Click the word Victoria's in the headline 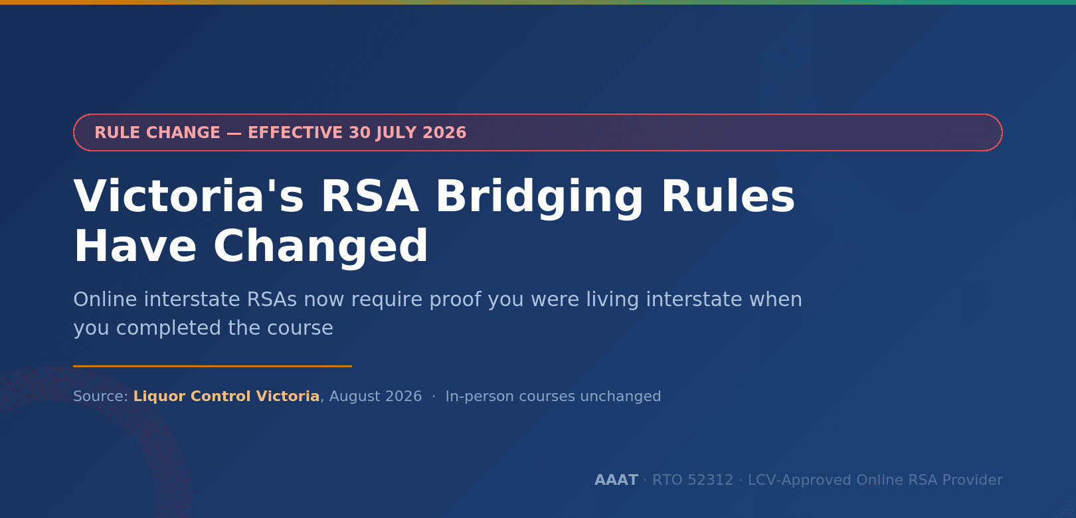point(189,196)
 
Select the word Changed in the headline point(320,246)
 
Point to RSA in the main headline point(369,196)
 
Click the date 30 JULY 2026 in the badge point(408,133)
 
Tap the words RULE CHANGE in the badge point(157,133)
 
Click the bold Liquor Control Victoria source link point(226,396)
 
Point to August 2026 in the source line point(375,396)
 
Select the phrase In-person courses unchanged point(553,396)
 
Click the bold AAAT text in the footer point(616,479)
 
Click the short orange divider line point(213,366)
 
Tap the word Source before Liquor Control point(98,396)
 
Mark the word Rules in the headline point(728,196)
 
